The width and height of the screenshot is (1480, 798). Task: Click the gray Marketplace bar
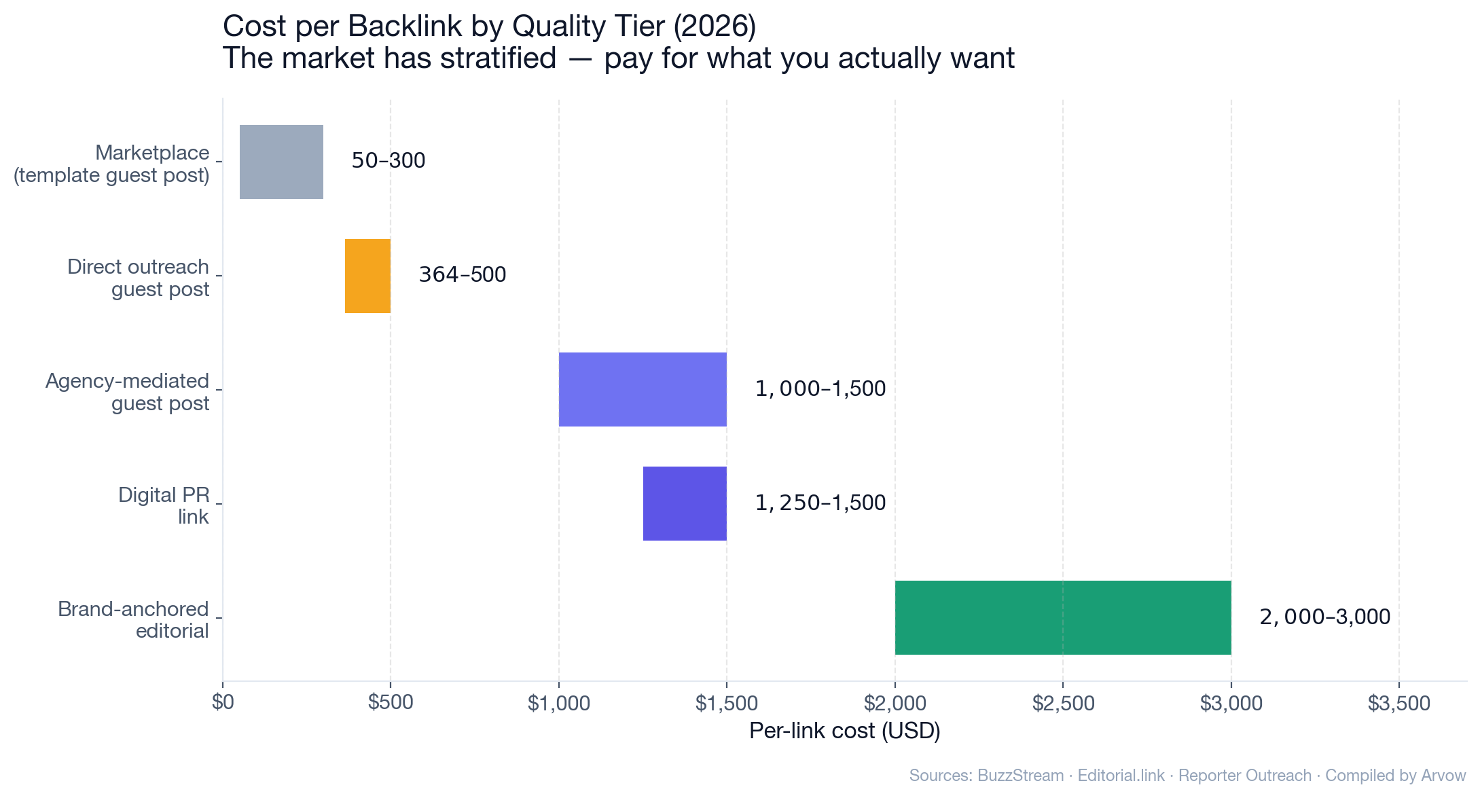coord(281,162)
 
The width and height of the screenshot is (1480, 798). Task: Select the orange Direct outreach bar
coord(367,276)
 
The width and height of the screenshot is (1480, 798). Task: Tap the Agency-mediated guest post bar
coord(643,389)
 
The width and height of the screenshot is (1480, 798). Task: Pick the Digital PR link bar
coord(685,503)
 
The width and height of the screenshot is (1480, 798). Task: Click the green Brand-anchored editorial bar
coord(1062,617)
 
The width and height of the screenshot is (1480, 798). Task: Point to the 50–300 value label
coord(388,161)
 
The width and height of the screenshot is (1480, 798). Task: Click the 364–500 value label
coord(462,275)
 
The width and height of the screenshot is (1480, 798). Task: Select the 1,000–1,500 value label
coord(820,389)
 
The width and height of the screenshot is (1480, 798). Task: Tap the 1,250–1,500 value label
coord(820,503)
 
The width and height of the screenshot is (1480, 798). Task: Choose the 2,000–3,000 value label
coord(1324,617)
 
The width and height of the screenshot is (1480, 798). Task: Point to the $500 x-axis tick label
coord(391,703)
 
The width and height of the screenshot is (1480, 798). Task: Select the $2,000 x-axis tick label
coord(895,703)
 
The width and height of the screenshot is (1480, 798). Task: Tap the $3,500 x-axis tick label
coord(1398,703)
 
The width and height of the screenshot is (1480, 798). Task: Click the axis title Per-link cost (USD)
coord(844,731)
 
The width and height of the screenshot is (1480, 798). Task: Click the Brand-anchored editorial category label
coord(133,620)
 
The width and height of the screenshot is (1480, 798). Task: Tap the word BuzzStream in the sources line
coord(1020,776)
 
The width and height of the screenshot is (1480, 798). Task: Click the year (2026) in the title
coord(714,27)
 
